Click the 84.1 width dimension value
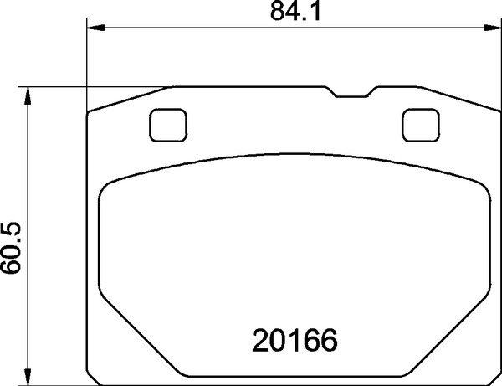[x=295, y=12]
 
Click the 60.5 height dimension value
[x=11, y=248]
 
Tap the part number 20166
[x=295, y=341]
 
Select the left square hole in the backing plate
[x=168, y=126]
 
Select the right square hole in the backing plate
[x=421, y=126]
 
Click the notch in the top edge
[x=351, y=92]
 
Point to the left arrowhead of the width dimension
[x=95, y=28]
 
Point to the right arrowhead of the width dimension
[x=493, y=28]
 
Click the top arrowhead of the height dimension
[x=28, y=95]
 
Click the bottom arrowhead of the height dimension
[x=28, y=377]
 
